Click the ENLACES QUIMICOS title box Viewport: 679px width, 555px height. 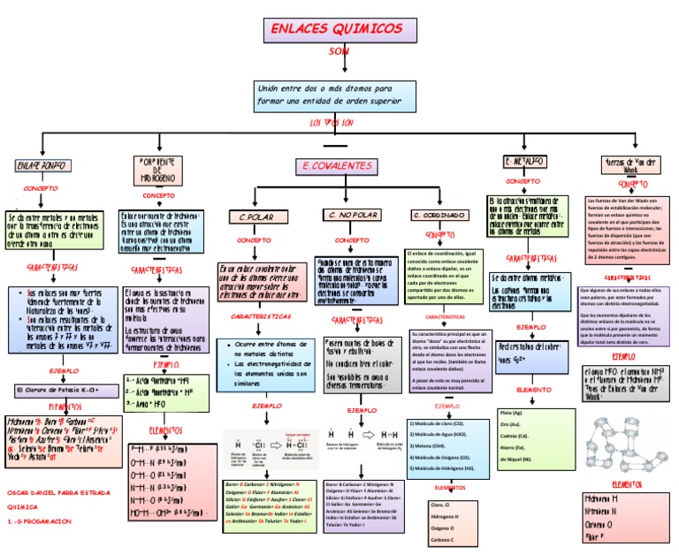click(x=340, y=29)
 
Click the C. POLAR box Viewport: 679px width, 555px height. click(x=255, y=217)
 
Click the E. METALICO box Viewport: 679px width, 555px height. click(x=525, y=162)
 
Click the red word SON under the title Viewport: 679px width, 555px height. click(x=339, y=52)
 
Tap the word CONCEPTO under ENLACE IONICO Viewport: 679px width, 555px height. click(x=40, y=188)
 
